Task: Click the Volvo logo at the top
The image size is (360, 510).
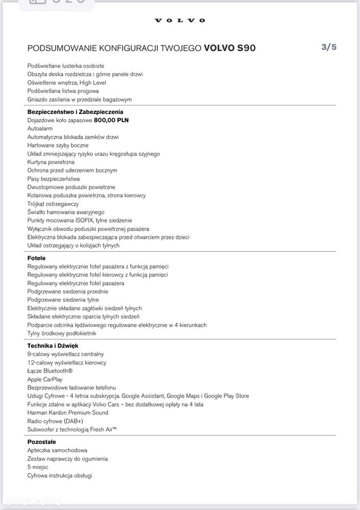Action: pos(180,20)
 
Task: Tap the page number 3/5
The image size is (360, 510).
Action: pos(329,47)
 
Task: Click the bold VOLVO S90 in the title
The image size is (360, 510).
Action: pos(230,48)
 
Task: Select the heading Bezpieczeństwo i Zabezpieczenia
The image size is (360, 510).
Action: pos(75,112)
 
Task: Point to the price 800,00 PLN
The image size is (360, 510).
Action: pos(111,120)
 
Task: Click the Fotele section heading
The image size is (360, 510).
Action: pos(36,258)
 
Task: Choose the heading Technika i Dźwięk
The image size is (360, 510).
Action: pos(53,346)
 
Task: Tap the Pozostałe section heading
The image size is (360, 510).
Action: pos(41,442)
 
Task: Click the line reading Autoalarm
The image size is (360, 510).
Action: pos(40,129)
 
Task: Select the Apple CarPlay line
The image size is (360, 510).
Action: pos(45,379)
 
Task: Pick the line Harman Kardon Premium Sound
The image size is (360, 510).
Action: pos(67,412)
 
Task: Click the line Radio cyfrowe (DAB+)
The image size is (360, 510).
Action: pos(55,421)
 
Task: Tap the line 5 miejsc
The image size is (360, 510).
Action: pos(38,467)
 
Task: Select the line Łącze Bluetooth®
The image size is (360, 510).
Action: pos(50,371)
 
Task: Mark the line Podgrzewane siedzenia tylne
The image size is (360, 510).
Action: pos(63,300)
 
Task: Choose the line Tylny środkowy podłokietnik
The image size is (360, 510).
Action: pos(61,333)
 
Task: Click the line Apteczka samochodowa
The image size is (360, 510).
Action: pos(57,450)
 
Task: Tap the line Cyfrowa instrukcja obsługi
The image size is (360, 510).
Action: pos(59,475)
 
